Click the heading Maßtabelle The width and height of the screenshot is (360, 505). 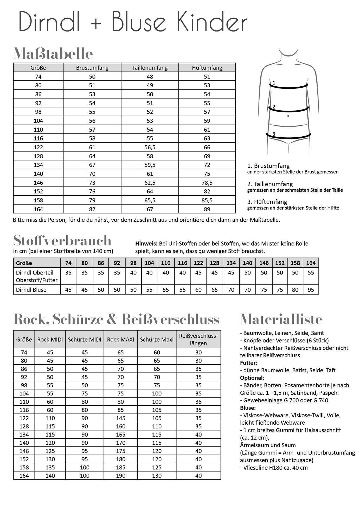[x=53, y=54]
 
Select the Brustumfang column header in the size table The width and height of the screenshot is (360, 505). [x=92, y=68]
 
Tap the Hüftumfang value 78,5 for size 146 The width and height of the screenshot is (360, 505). [x=207, y=183]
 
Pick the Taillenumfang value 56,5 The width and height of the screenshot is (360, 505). [x=150, y=147]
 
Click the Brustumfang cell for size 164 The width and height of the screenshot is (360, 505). [x=92, y=209]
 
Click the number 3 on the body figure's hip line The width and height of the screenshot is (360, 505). [x=274, y=134]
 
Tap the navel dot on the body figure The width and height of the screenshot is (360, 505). [x=288, y=116]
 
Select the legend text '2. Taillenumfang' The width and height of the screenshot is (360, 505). [x=270, y=184]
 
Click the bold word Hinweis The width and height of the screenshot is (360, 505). [x=146, y=244]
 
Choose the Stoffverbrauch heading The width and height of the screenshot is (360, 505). [x=62, y=240]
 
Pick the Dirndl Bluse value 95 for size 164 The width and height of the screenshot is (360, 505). [x=311, y=290]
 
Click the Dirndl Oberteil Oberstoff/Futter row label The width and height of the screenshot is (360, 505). [x=37, y=276]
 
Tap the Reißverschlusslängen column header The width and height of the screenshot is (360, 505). [x=198, y=340]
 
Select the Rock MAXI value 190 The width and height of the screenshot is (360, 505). [x=121, y=476]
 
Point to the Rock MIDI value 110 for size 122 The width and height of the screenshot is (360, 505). [x=50, y=418]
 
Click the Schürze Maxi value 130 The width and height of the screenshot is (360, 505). [x=157, y=476]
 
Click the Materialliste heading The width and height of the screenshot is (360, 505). [x=281, y=319]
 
